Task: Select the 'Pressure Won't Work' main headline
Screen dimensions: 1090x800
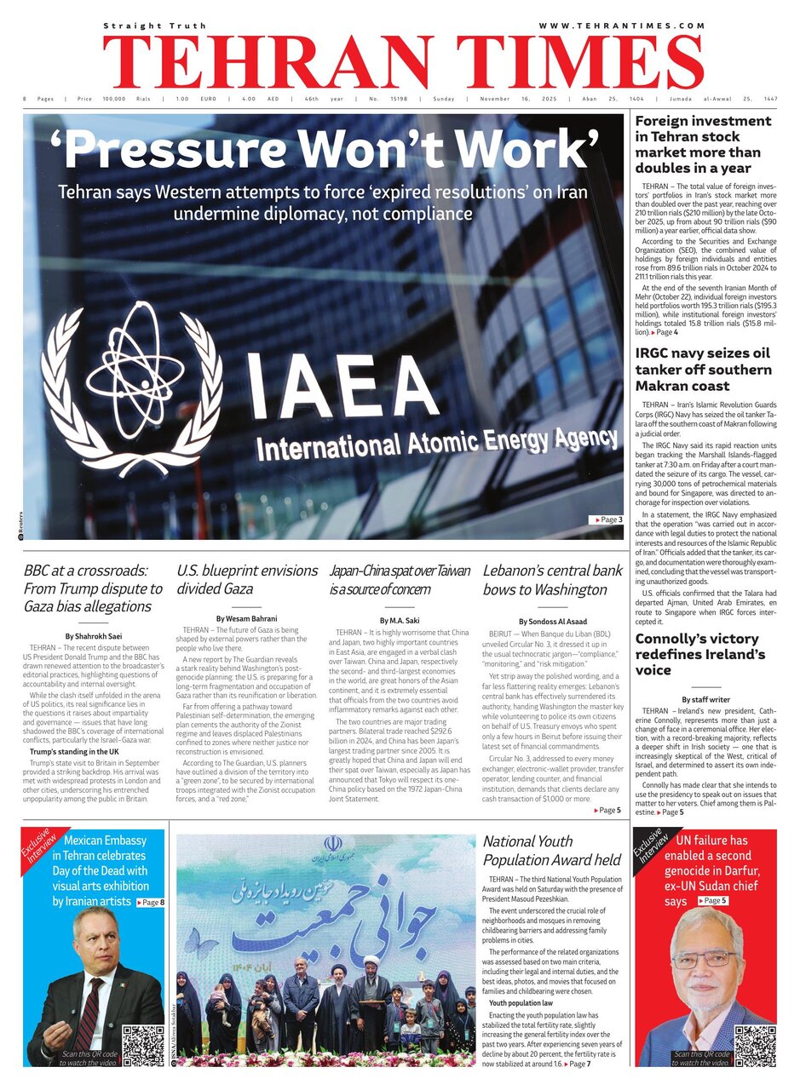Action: tap(331, 148)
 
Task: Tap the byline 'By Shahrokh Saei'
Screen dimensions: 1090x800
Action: tap(94, 636)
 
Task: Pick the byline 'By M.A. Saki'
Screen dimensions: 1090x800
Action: tap(400, 621)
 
